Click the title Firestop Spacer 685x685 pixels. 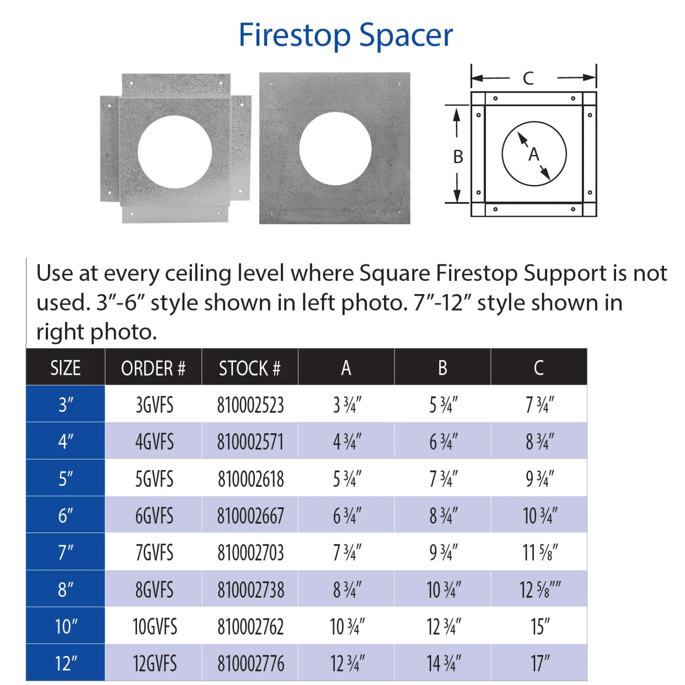346,35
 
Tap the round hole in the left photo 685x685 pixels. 174,152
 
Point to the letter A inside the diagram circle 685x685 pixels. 534,154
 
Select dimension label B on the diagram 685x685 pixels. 458,157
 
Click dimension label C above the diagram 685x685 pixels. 528,78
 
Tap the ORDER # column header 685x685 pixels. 153,368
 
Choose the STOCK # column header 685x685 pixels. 250,368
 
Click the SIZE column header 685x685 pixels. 65,368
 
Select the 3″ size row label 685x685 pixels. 66,405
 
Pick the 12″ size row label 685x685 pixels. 66,663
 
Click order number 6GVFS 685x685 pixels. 154,516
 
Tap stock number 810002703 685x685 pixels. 251,553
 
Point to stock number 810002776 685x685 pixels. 251,664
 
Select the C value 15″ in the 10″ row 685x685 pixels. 540,627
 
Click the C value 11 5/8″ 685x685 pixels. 540,553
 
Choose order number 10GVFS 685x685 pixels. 155,627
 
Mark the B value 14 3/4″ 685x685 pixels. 444,664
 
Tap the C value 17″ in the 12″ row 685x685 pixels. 540,664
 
